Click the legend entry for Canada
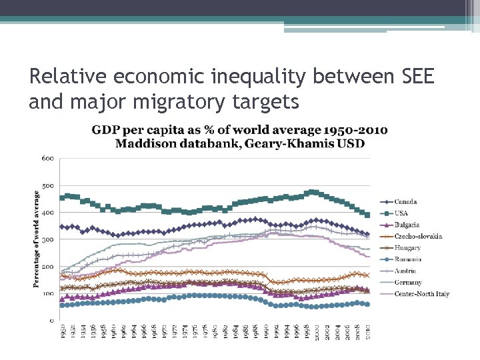[405, 202]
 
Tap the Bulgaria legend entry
[407, 225]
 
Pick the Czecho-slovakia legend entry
[418, 236]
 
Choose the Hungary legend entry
[407, 248]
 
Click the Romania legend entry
[408, 259]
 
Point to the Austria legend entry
[405, 271]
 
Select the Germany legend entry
[408, 283]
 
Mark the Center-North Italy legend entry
[421, 294]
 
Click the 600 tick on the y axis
[47, 158]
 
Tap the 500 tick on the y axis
[47, 185]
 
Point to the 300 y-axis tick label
[47, 239]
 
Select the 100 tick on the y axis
[47, 293]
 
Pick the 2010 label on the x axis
[368, 331]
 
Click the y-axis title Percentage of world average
[37, 239]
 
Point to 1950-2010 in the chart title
[353, 130]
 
